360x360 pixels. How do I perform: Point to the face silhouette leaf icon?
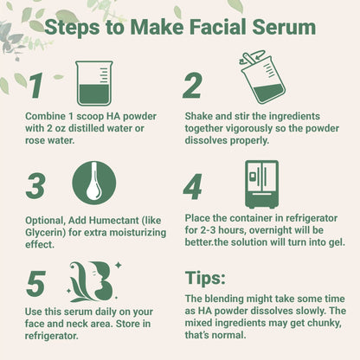pyautogui.click(x=93, y=279)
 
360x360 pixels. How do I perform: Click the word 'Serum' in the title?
pyautogui.click(x=281, y=27)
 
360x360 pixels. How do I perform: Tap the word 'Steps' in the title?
pyautogui.click(x=75, y=27)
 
